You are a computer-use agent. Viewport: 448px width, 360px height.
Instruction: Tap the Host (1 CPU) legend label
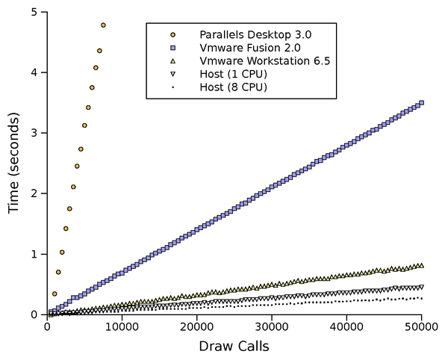click(x=233, y=74)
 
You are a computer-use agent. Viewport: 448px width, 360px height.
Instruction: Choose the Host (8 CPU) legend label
click(x=233, y=87)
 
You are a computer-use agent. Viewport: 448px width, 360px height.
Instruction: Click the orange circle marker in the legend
click(x=173, y=34)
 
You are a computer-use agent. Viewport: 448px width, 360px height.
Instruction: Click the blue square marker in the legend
click(x=173, y=48)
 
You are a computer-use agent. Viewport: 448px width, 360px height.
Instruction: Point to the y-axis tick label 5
click(x=34, y=12)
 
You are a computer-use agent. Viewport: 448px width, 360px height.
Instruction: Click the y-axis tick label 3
click(x=34, y=133)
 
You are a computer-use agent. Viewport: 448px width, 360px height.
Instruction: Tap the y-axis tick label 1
click(x=34, y=254)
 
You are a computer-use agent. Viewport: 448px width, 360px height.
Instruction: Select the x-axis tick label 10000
click(x=122, y=326)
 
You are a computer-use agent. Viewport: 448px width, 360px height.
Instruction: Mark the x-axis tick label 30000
click(x=272, y=326)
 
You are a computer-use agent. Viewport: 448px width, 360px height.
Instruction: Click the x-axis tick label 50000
click(x=421, y=326)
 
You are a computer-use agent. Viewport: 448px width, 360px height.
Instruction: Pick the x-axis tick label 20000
click(x=197, y=326)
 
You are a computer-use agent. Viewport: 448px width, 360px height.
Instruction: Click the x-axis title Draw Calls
click(x=234, y=347)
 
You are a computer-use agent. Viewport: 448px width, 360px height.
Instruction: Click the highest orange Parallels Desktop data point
click(x=103, y=25)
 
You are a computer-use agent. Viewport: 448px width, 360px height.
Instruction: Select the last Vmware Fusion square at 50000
click(x=422, y=103)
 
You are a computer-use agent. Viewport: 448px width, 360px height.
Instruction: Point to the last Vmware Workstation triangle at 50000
click(x=422, y=265)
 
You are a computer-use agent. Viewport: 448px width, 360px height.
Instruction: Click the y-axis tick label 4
click(x=34, y=72)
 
